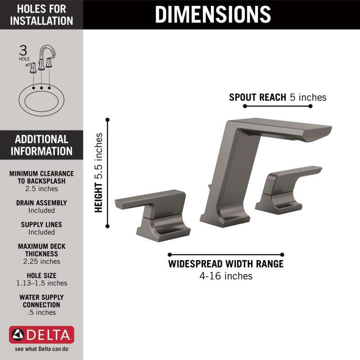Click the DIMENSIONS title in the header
[x=213, y=14]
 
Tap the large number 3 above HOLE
[x=23, y=50]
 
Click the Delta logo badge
[x=41, y=334]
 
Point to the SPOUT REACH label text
[x=257, y=97]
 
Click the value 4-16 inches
[x=226, y=276]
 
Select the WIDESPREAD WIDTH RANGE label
[x=226, y=264]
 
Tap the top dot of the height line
[x=108, y=120]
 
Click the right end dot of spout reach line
[x=310, y=106]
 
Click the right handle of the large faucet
[x=285, y=191]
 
